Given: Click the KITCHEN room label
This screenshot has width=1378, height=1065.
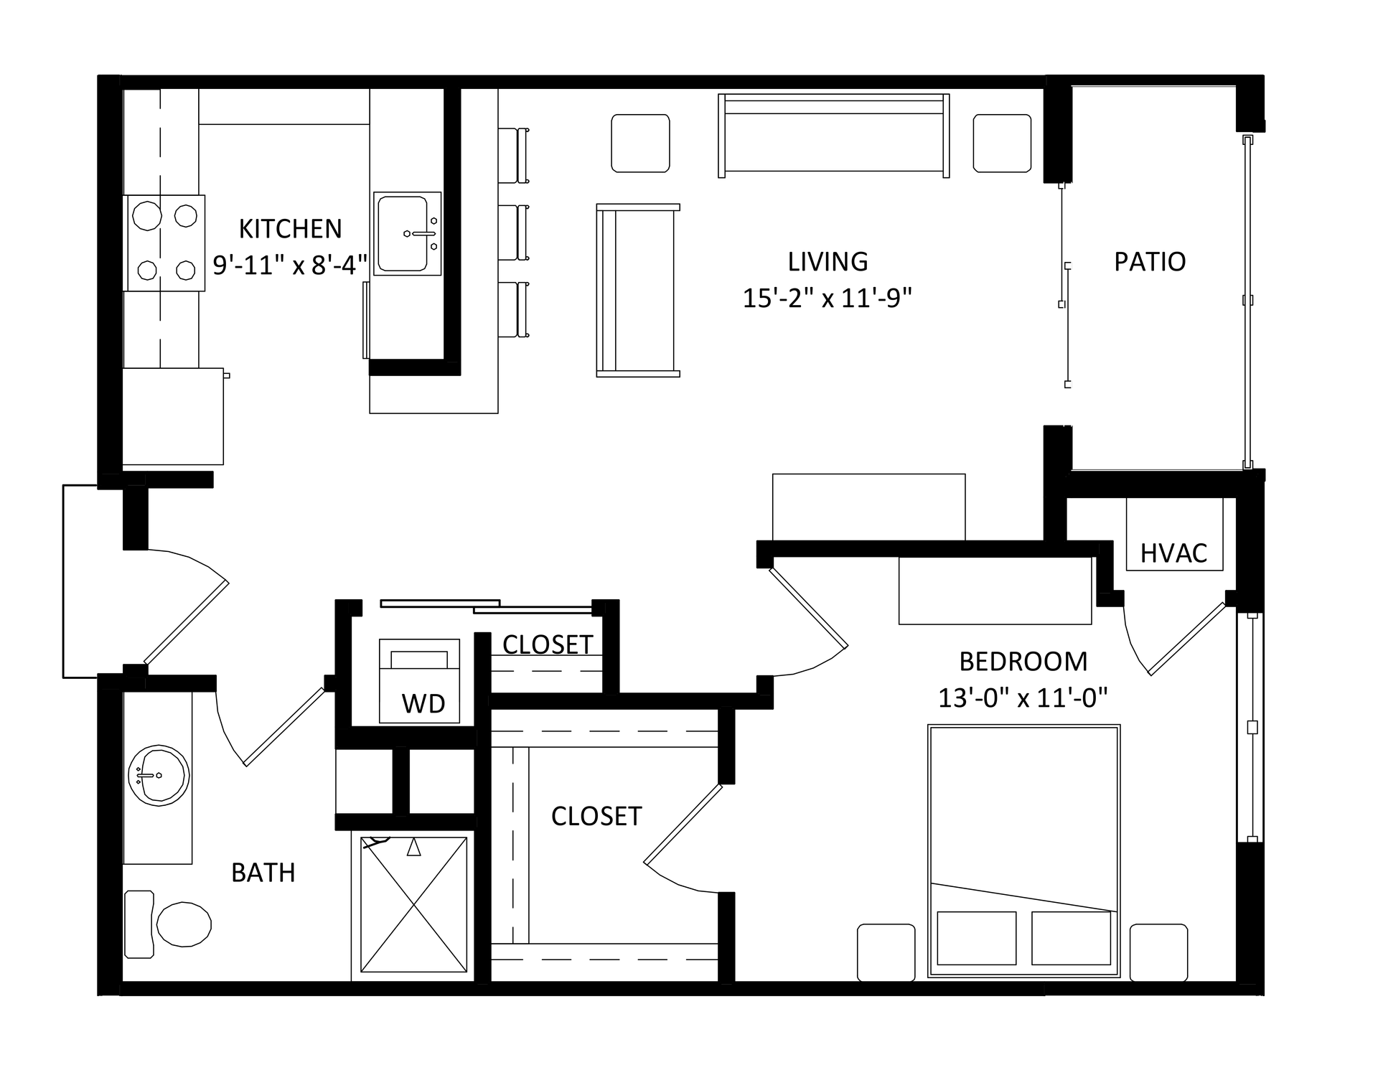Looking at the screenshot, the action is coord(290,229).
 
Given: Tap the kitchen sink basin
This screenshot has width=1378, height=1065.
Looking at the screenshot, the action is coord(403,234).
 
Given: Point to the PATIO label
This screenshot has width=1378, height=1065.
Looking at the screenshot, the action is coord(1150,261).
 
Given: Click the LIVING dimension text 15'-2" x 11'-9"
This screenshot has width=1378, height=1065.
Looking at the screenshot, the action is coord(827,297).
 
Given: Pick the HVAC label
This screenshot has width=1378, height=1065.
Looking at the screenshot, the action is coord(1173,553).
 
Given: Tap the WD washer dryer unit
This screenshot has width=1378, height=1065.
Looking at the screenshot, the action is coord(419,680).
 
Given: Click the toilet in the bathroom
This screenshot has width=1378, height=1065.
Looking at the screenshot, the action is coord(169,924).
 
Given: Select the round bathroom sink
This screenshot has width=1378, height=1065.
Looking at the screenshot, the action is coord(158,775).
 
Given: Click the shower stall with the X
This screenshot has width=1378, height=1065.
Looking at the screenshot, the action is coord(413,904).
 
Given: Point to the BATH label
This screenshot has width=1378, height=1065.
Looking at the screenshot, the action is coord(263,873).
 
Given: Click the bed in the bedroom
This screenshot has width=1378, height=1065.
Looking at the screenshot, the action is coord(1023,851).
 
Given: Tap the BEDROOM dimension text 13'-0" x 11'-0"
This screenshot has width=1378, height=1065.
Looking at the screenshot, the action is coord(1023,697).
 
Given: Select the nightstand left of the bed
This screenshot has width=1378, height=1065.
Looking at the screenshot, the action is coord(886,952).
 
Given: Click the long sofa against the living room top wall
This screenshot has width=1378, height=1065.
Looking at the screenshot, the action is coord(834,136).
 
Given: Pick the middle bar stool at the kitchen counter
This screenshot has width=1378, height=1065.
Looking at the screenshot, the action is coord(514,233).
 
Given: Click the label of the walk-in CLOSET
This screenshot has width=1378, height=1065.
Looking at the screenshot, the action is coord(596,816).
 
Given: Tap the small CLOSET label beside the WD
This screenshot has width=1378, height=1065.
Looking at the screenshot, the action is coord(548,644).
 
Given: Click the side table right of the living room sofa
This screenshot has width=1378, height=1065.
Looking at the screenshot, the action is coord(1002,144).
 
